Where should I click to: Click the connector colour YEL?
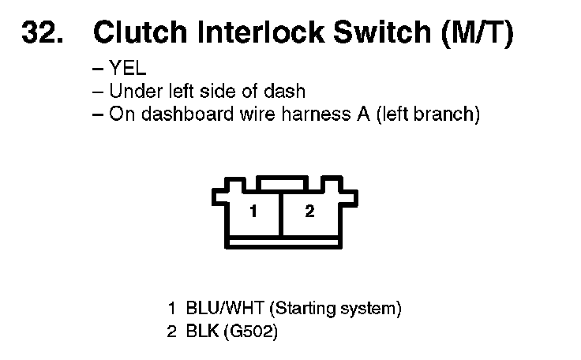[x=128, y=69]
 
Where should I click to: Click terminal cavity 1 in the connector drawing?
[x=253, y=212]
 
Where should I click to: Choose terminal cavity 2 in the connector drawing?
[x=309, y=212]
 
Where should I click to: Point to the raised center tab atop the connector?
[x=283, y=183]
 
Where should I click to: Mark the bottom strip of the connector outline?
[x=283, y=240]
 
